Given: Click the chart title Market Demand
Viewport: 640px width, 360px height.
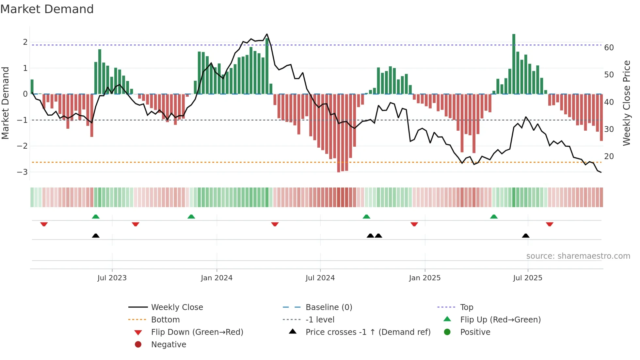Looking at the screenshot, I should point(47,9).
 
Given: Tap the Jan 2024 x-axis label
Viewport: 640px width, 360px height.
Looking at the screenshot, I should point(216,278).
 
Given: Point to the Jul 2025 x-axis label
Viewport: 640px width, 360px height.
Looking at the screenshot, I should point(527,278).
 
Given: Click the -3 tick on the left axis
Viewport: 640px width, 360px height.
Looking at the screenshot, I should point(22,172).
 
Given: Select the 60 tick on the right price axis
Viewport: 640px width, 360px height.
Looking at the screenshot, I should point(609,48).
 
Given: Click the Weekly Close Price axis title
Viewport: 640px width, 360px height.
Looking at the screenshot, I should point(626,103).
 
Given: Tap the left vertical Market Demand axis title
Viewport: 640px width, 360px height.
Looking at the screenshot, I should point(6,103).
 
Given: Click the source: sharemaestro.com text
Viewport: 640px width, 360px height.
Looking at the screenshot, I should point(578,256).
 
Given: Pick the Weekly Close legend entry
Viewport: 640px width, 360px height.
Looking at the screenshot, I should point(177,307).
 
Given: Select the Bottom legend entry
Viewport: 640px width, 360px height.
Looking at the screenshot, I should point(165,320).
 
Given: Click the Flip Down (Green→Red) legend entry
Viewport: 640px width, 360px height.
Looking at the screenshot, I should point(197,332).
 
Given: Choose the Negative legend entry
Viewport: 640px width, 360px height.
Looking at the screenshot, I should point(168,345).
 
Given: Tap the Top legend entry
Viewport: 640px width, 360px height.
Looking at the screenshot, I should point(467,307).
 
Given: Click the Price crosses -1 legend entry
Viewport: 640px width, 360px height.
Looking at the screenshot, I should point(368,332).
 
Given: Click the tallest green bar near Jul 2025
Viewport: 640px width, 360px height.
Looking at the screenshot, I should point(514,64).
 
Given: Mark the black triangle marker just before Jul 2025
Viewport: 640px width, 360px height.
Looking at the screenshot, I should point(525,236).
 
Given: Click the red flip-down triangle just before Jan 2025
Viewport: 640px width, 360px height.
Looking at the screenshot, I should point(414,224).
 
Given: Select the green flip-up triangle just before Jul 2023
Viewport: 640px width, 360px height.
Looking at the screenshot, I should point(96,217).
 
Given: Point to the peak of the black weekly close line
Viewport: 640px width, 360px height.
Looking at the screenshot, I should point(267,34).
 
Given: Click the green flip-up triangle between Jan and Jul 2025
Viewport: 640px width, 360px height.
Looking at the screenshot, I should point(494,217).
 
